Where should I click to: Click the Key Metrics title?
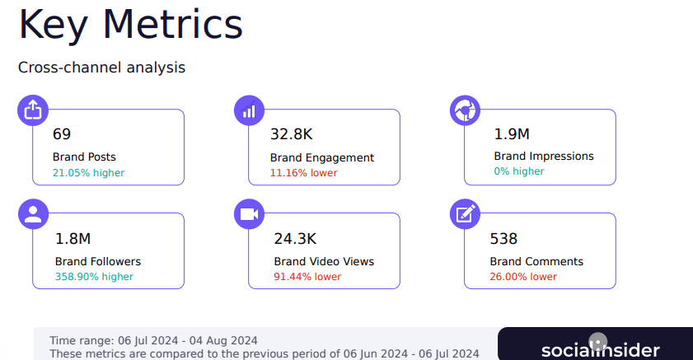(x=130, y=24)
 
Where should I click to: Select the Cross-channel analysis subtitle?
(x=101, y=68)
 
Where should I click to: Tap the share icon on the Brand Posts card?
(x=33, y=110)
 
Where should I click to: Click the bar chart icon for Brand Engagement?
(x=249, y=110)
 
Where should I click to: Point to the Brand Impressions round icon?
(x=465, y=110)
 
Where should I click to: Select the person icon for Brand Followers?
(x=33, y=214)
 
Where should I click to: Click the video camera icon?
(x=249, y=214)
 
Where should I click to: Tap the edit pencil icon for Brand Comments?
(x=465, y=214)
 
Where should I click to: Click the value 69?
(x=62, y=134)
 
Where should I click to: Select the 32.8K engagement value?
(x=292, y=134)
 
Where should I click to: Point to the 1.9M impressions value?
(x=512, y=134)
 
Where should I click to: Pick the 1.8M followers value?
(x=73, y=239)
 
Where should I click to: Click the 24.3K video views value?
(x=295, y=239)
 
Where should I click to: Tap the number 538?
(x=503, y=239)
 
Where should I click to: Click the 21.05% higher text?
(x=88, y=173)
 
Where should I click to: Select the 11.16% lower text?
(x=303, y=173)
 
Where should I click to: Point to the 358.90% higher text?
(x=94, y=277)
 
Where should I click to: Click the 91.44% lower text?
(x=307, y=277)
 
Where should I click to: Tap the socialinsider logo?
(x=600, y=348)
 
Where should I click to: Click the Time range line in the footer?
(x=153, y=340)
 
